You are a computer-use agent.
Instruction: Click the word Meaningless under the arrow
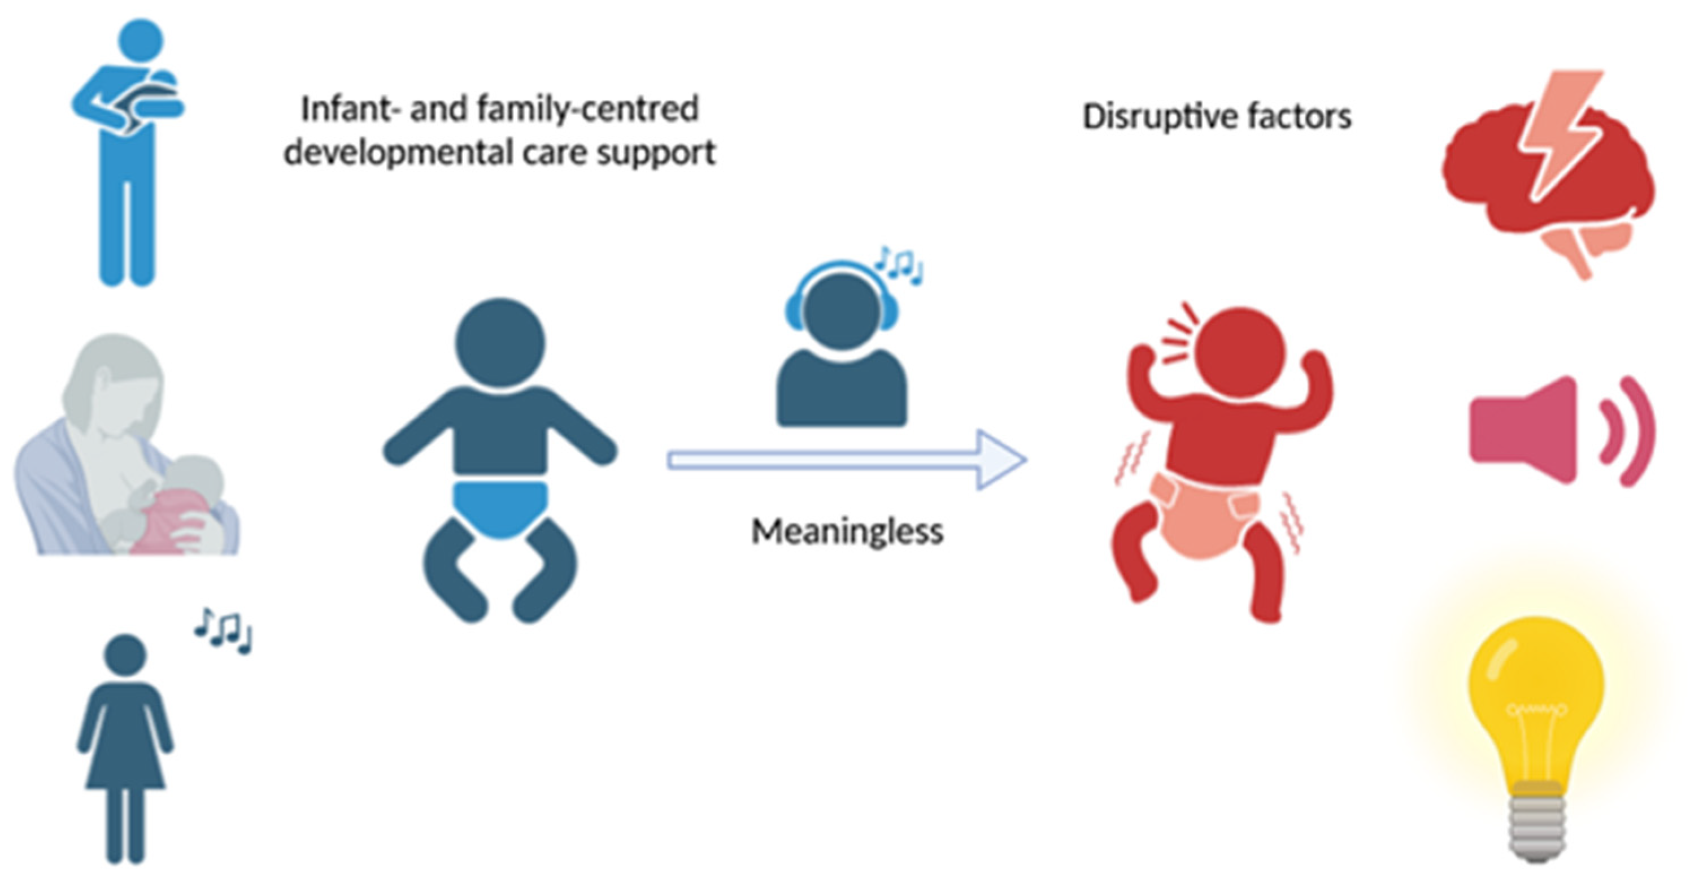tap(846, 532)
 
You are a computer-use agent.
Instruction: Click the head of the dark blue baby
tap(500, 342)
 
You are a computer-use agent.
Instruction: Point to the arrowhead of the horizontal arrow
tap(1000, 460)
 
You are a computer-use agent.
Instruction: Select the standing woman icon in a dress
tap(125, 748)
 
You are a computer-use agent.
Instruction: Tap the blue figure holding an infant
tap(128, 151)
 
